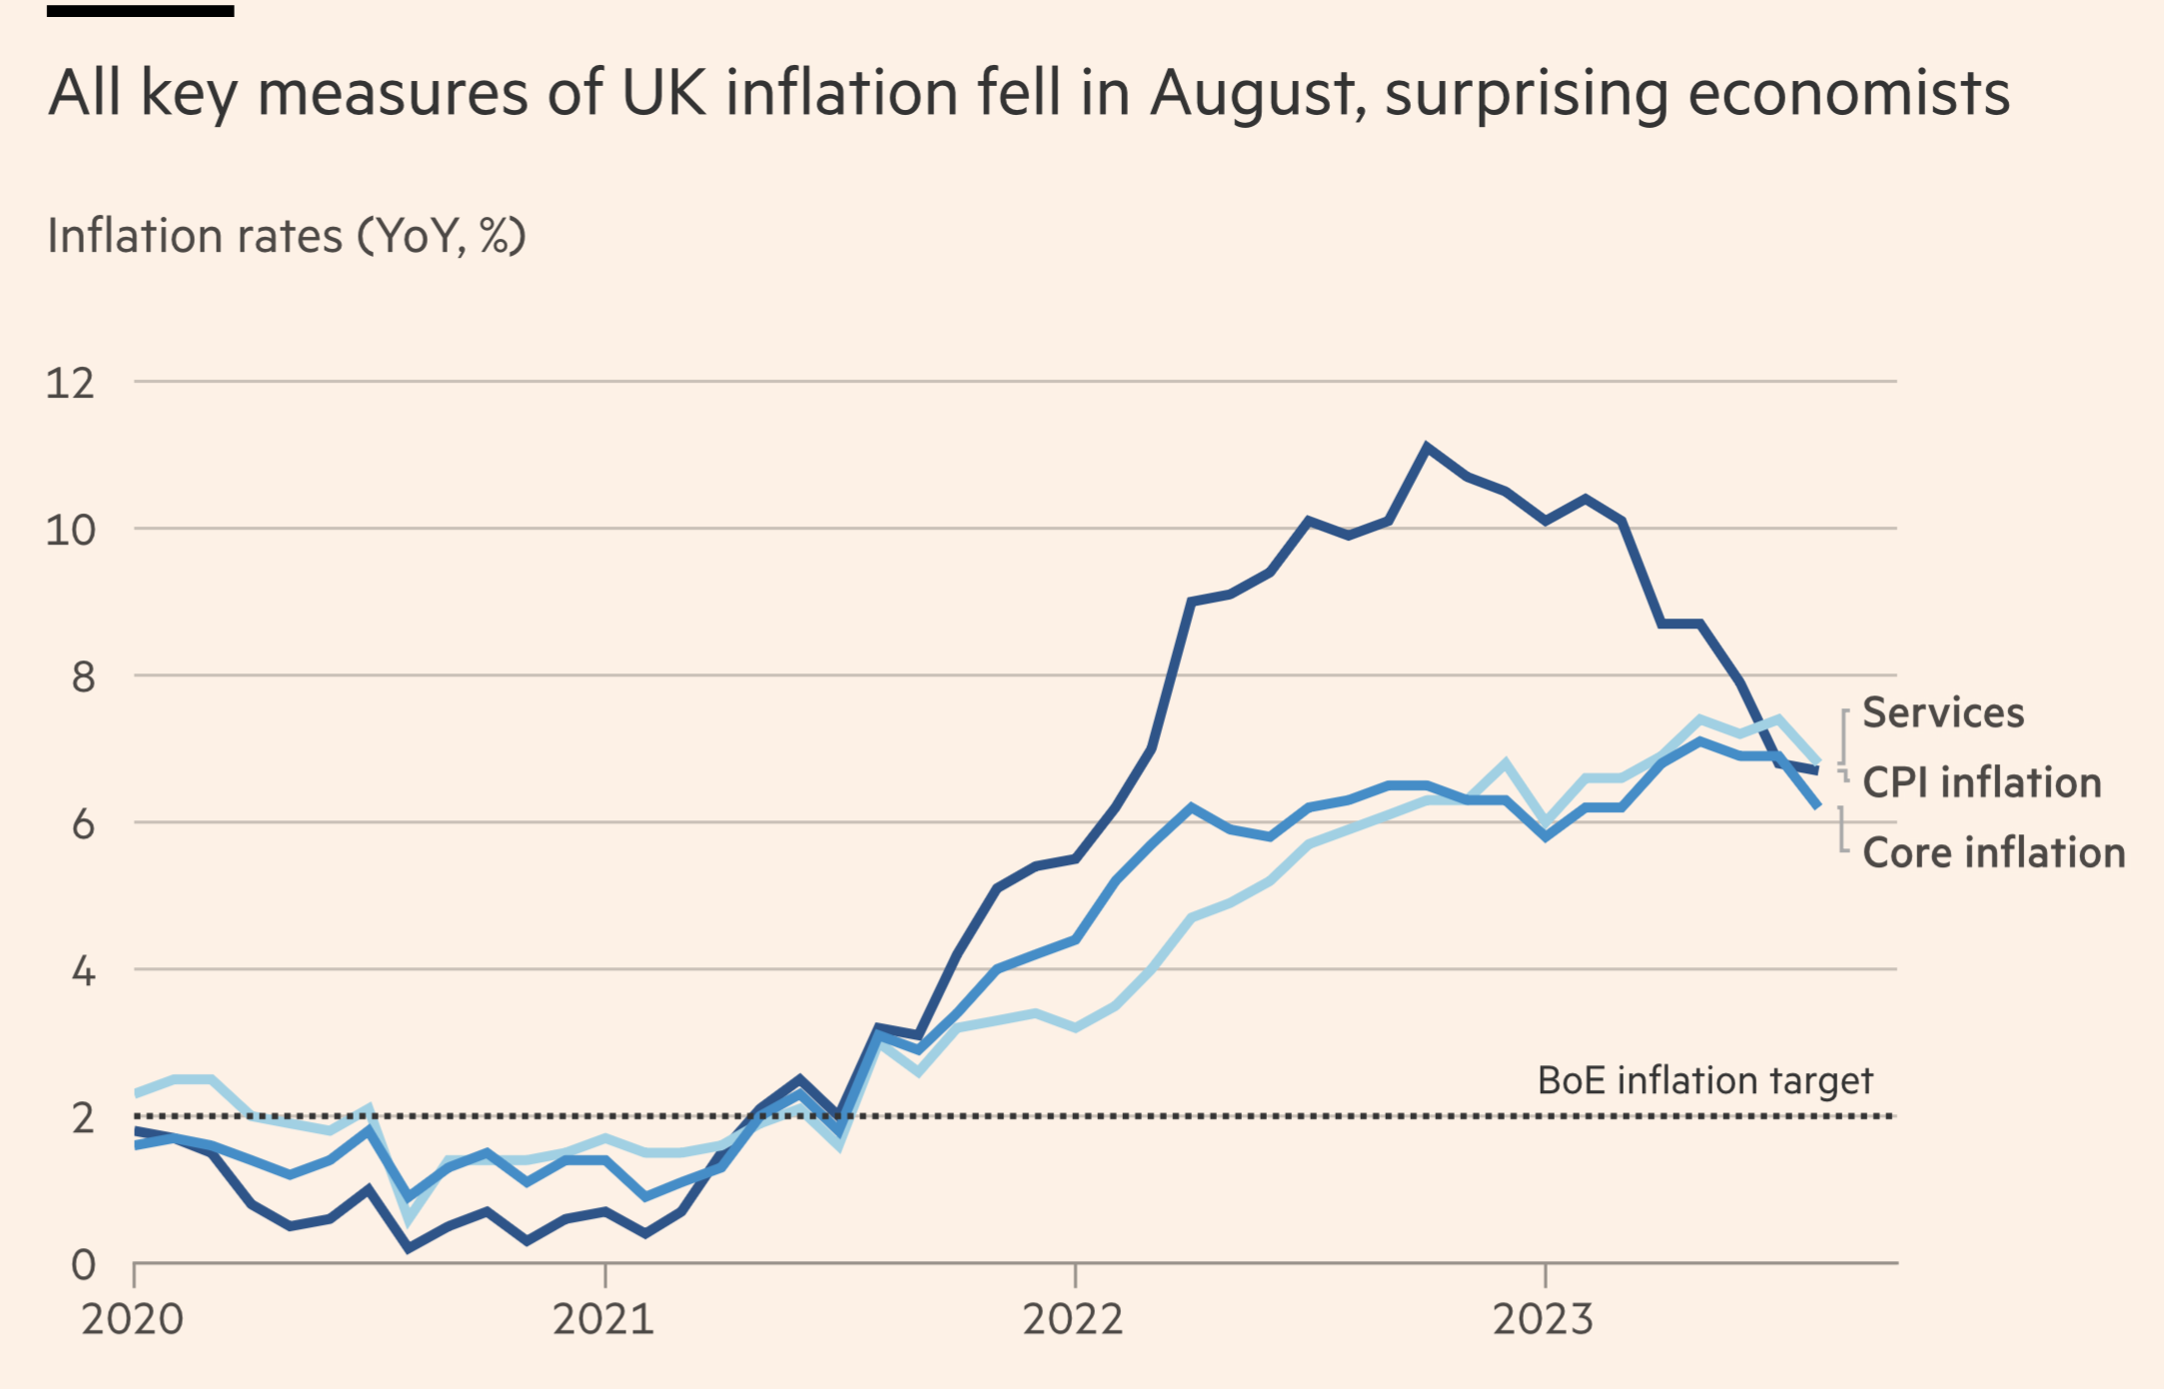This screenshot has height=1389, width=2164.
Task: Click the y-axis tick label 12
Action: coord(70,384)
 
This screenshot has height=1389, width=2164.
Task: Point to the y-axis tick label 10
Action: coord(70,531)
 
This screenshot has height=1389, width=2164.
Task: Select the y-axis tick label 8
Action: coord(83,678)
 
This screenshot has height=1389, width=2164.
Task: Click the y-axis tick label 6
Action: coord(83,824)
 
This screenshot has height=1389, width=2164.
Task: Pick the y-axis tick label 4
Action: coord(83,971)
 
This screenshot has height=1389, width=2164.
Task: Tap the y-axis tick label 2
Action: coord(83,1118)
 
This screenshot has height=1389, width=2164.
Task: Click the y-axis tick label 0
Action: coord(83,1265)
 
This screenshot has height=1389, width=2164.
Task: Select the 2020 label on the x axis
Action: coord(133,1319)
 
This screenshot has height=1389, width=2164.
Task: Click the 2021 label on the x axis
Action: coord(603,1319)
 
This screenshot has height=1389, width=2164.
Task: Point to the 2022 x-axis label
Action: coord(1073,1319)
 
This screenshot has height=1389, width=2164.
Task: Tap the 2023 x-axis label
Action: coord(1544,1319)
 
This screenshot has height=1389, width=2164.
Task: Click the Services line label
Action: coord(1943,713)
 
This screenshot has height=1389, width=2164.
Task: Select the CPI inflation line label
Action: coord(1982,782)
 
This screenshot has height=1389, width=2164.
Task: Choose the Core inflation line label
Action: coord(1994,853)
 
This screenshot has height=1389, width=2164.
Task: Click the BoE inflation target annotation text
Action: coord(1704,1080)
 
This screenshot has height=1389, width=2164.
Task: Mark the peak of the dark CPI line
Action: coord(1427,448)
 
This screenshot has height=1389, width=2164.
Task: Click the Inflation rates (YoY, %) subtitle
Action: coord(287,237)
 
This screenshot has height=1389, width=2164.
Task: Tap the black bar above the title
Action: coord(141,11)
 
